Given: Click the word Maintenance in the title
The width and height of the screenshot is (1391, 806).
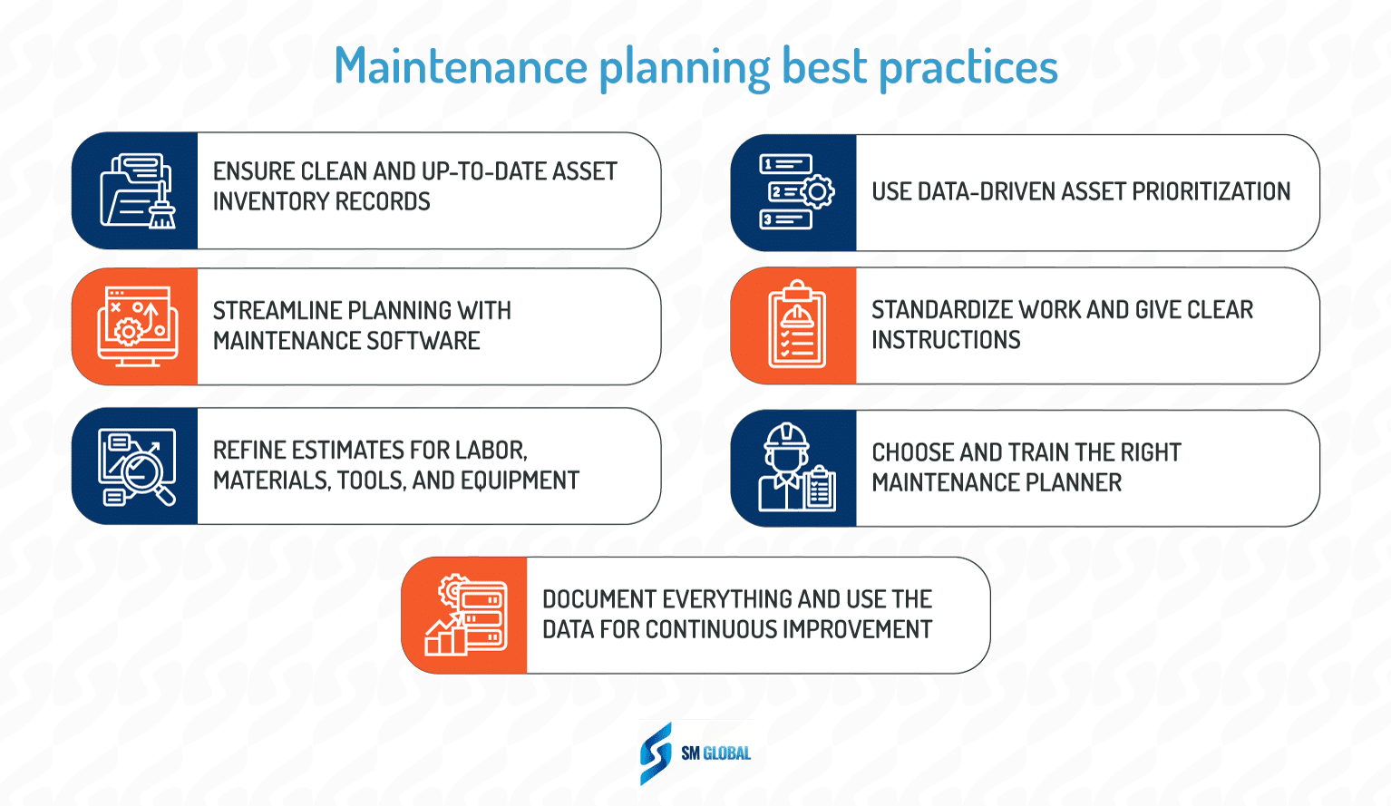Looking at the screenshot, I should [461, 66].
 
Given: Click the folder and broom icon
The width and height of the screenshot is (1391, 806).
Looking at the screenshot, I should [137, 191].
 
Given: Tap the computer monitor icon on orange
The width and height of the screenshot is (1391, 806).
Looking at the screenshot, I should [137, 326].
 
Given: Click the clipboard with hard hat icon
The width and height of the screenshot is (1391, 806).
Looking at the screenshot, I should [796, 325].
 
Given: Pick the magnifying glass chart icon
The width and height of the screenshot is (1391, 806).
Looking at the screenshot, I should [137, 466].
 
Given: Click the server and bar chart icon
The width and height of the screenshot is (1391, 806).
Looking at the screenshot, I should [466, 615].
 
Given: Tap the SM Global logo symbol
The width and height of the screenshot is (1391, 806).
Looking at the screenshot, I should [656, 753].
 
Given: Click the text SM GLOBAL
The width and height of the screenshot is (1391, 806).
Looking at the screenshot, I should [715, 753].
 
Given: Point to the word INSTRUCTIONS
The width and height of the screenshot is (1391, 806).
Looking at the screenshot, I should [946, 340].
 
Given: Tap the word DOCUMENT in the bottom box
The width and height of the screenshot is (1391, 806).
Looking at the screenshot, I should [599, 599].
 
